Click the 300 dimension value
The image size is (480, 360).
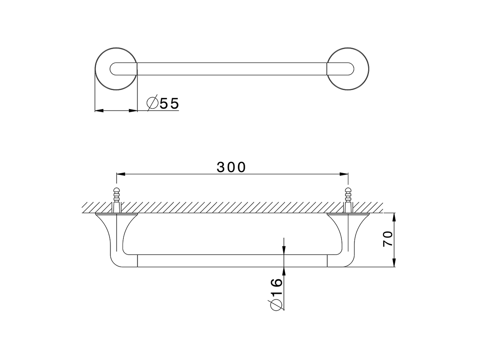pos(231,167)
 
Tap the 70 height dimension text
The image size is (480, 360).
pos(388,239)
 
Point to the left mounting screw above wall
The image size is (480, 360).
pos(117,195)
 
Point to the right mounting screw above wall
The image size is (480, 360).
pos(348,195)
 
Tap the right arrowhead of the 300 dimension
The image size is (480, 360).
pos(344,174)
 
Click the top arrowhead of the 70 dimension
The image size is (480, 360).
pos(394,217)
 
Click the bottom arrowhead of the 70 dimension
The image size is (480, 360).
pos(394,263)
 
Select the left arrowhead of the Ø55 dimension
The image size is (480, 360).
pos(98,111)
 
